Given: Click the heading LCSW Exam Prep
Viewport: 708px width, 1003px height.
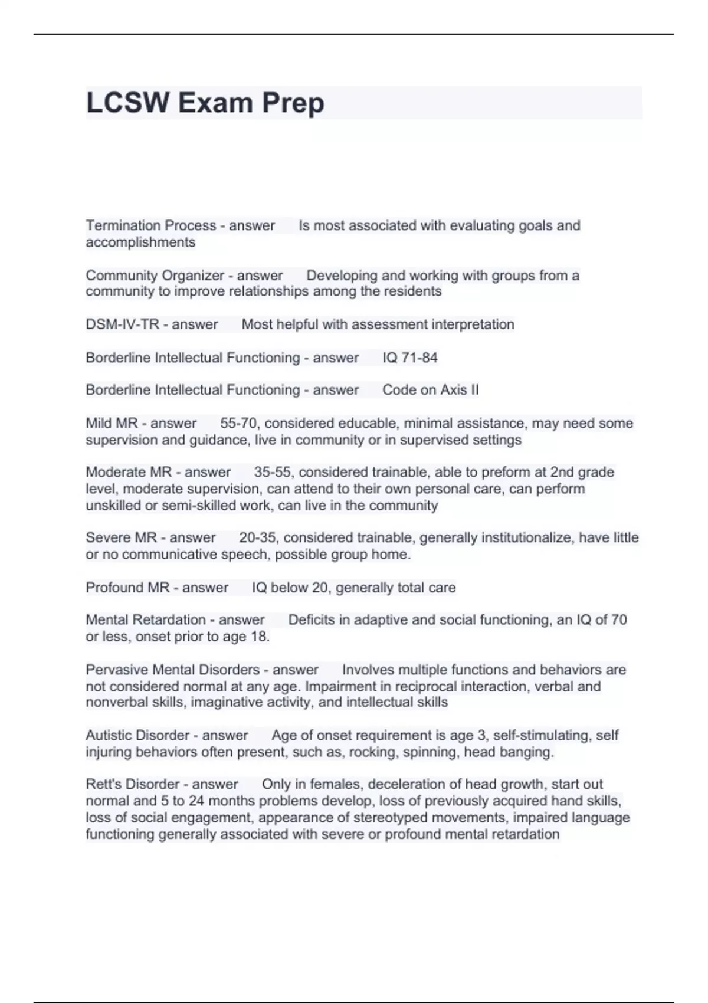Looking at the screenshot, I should pos(205,103).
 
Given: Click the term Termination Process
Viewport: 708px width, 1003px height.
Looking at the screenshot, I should pos(150,225).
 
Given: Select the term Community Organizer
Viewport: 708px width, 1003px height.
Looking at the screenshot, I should pos(155,276).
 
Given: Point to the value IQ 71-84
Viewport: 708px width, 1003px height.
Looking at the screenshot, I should pos(410,358).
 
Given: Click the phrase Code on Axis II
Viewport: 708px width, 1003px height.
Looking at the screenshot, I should pos(430,390).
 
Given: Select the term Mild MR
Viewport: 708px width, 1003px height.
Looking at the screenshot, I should pos(112,423).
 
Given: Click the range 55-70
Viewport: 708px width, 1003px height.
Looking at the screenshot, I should pos(238,423).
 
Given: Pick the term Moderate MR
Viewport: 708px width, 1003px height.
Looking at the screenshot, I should pos(129,472).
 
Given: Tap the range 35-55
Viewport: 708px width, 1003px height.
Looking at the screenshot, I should pos(273,472).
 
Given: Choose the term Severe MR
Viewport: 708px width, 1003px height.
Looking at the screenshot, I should pos(121,537).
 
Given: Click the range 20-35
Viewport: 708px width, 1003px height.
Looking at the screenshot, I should pos(258,537).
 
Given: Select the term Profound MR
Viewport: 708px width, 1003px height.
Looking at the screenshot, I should pos(127,588).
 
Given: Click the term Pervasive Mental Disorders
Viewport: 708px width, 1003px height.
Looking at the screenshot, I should pos(172,670).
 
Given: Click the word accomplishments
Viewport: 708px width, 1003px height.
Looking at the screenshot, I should pos(140,242).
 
